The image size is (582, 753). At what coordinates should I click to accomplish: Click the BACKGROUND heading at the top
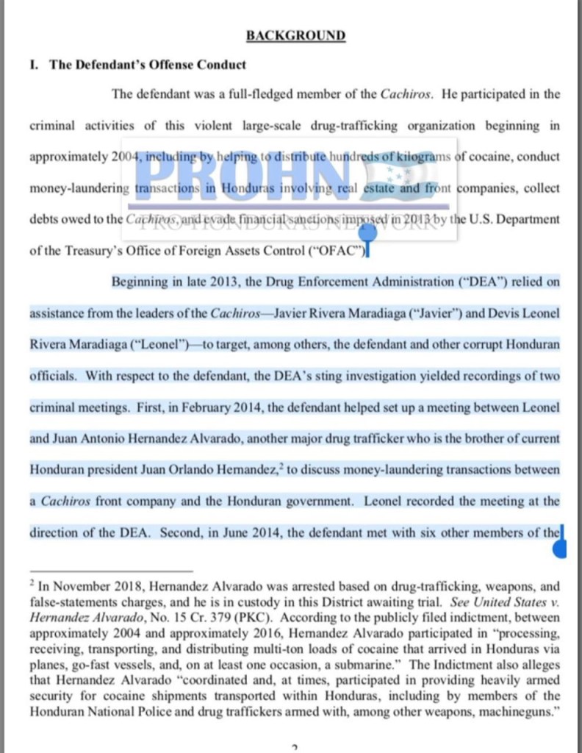295,35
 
